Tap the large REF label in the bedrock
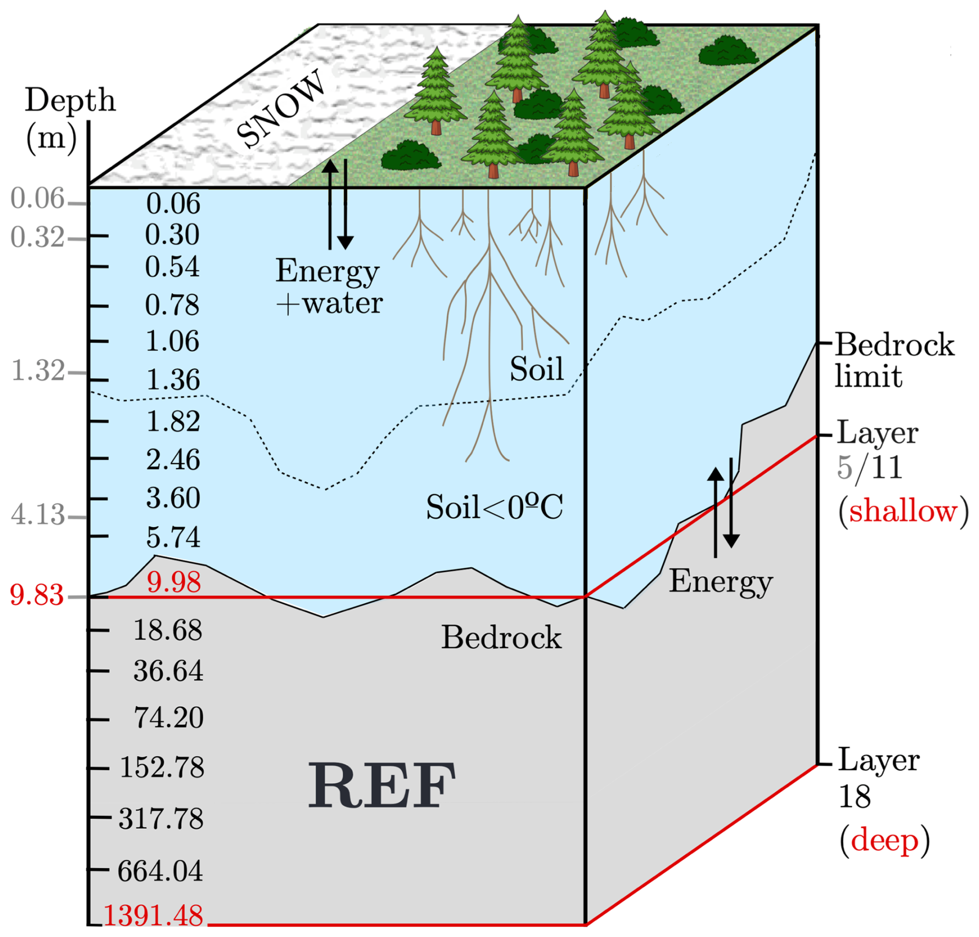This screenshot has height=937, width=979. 382,785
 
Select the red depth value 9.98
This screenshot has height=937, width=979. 173,582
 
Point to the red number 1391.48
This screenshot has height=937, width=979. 153,915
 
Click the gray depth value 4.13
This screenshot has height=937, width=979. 38,515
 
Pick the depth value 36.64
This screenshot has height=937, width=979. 168,671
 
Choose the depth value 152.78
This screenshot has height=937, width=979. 162,767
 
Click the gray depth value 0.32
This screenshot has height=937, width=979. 37,237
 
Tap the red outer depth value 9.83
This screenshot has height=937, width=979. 37,595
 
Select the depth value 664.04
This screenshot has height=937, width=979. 160,870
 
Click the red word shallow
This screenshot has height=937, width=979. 903,511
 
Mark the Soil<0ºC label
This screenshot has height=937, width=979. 494,507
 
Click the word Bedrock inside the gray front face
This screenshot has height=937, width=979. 501,637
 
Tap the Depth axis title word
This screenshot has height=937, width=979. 70,101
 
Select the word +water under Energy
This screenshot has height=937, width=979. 329,303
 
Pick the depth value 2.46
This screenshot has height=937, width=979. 173,459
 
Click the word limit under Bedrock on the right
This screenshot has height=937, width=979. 868,376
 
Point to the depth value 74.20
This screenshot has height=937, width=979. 169,718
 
